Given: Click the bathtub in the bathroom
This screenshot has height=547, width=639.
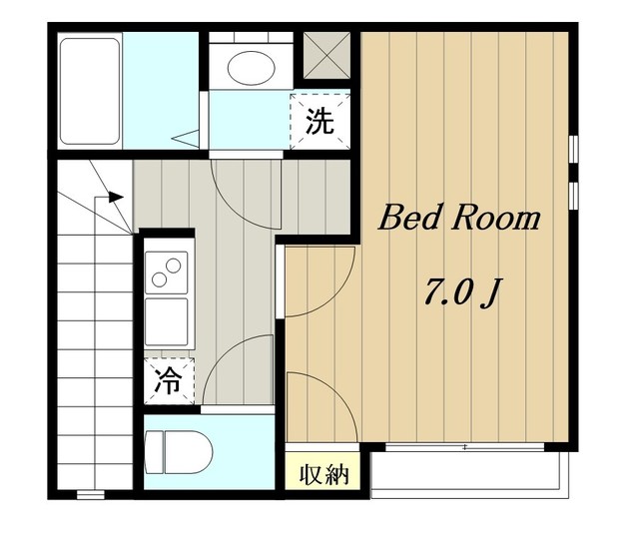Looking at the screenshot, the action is point(90,91).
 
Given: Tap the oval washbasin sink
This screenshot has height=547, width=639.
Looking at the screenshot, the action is point(251,68).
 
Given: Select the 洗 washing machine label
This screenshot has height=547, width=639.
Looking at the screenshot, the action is point(319,121).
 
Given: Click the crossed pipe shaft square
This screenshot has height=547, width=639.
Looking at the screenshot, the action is point(326,56).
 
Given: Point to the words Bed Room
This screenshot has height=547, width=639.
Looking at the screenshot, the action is point(459,218).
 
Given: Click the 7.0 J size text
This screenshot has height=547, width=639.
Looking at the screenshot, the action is point(461,292).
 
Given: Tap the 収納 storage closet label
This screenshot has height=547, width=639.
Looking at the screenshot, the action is point(323,474).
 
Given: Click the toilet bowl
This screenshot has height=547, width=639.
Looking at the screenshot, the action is point(189,452).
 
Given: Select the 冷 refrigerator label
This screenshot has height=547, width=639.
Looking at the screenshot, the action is point(169,381).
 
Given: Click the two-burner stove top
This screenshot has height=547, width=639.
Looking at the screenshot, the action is point(167,273).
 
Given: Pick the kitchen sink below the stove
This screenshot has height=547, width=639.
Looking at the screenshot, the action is point(167,322).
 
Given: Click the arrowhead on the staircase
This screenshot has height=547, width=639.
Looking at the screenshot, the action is point(116,197).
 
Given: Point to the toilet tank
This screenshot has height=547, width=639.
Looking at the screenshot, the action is point(154,452).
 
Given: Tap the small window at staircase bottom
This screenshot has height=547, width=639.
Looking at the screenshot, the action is point(91,495).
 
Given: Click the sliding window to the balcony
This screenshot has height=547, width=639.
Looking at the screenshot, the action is point(464,447).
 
